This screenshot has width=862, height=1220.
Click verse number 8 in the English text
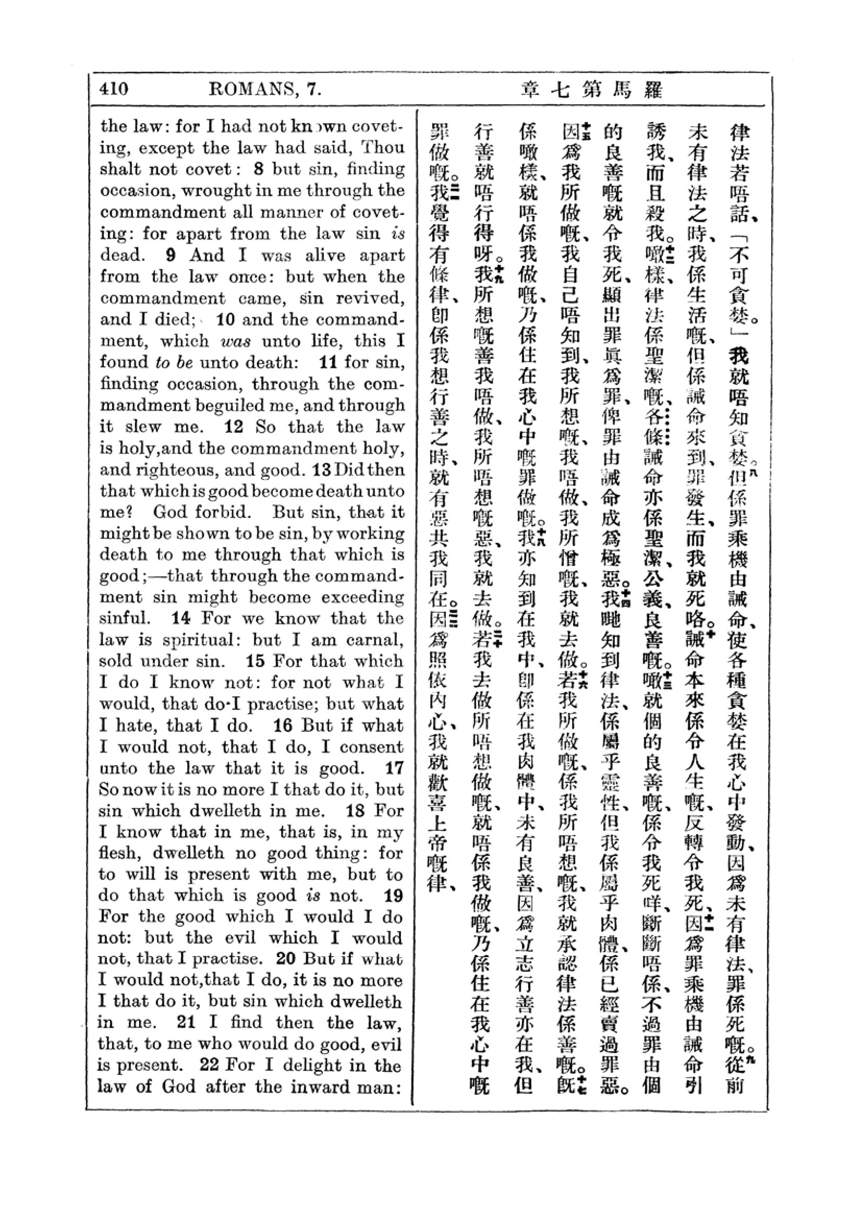click(x=259, y=169)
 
